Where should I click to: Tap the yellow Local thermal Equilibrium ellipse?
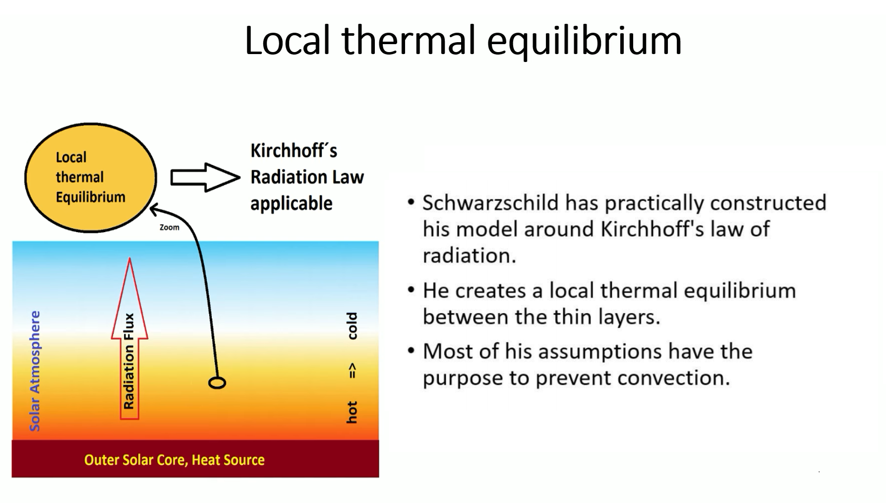click(x=91, y=178)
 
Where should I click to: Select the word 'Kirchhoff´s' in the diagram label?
click(x=294, y=150)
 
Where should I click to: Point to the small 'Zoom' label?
click(x=169, y=227)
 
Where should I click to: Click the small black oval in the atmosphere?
click(x=217, y=382)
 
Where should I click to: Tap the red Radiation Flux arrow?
click(x=129, y=338)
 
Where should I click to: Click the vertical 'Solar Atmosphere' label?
click(x=35, y=371)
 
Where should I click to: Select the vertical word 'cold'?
click(x=352, y=325)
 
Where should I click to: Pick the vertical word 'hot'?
click(x=352, y=412)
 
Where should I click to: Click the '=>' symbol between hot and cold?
click(x=353, y=371)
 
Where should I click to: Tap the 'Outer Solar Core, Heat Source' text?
click(x=174, y=460)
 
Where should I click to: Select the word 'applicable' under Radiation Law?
click(x=291, y=204)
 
